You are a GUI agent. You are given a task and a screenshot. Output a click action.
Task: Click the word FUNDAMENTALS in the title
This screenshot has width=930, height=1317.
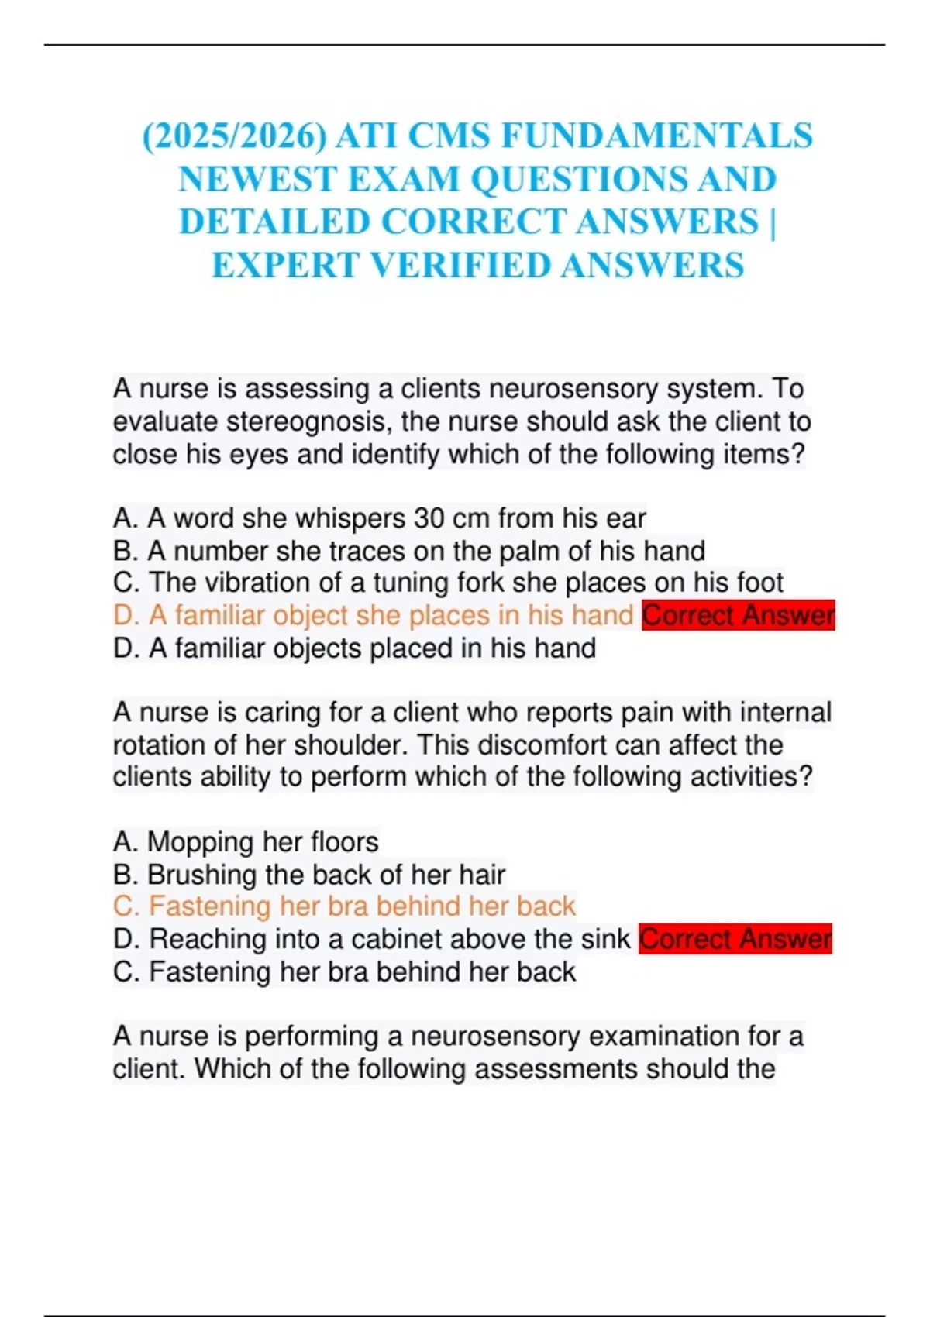click(x=657, y=136)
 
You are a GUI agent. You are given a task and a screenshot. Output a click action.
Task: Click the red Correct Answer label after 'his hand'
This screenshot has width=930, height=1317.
click(x=738, y=615)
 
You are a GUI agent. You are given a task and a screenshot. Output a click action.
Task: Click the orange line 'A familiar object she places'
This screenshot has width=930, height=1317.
click(x=372, y=615)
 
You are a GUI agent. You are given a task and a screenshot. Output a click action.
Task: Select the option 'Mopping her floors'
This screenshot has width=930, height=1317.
click(x=246, y=841)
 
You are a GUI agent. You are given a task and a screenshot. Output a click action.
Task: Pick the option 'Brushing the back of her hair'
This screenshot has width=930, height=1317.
click(x=308, y=875)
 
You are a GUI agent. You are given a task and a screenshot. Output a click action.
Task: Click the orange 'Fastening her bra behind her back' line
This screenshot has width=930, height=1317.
click(x=344, y=906)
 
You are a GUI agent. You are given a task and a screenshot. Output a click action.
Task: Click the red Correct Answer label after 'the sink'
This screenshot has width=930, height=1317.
click(x=735, y=939)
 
